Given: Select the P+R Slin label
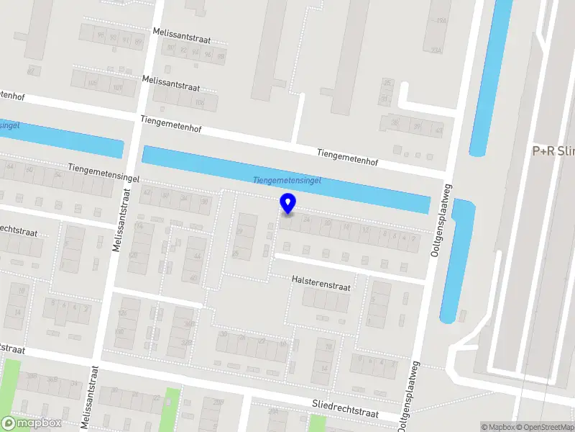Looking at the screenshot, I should (x=553, y=151).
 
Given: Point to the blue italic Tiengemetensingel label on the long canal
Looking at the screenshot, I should (x=287, y=180).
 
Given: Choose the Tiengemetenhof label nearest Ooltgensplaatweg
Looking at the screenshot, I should (x=347, y=153).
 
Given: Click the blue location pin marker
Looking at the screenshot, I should (x=287, y=203).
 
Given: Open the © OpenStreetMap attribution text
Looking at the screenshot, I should (x=546, y=427).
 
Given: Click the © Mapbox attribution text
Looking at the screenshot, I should (x=498, y=427).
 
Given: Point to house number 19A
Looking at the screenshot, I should (x=442, y=22).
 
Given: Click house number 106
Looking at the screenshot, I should (x=199, y=104).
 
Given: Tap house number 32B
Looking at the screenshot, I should (x=186, y=343).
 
